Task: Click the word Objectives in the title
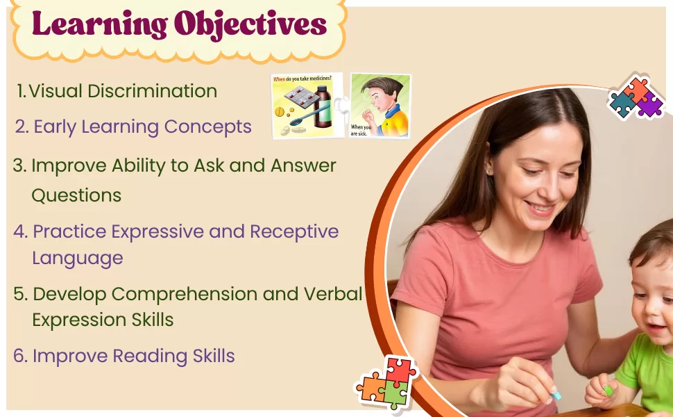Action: click(x=250, y=24)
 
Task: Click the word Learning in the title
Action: click(x=100, y=25)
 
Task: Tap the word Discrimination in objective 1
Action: click(x=153, y=91)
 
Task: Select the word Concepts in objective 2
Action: click(x=207, y=126)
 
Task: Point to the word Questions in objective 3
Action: click(x=76, y=195)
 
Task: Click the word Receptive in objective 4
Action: click(x=294, y=231)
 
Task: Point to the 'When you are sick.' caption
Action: click(x=361, y=130)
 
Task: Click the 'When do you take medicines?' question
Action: click(x=303, y=79)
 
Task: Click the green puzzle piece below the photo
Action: click(x=393, y=393)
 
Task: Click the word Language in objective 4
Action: click(x=78, y=259)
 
